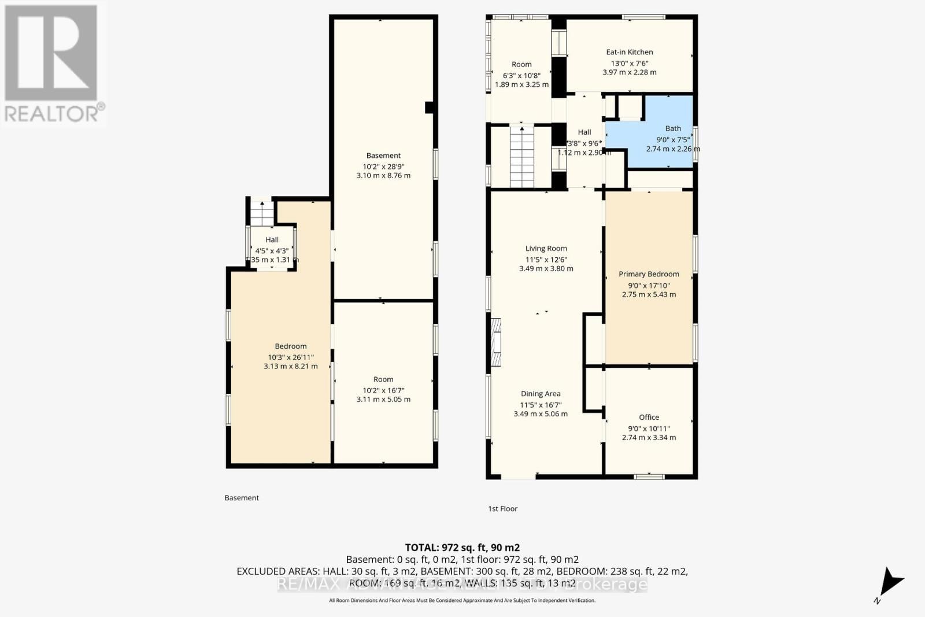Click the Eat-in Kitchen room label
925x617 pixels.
pos(629,52)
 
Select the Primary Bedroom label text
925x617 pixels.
pos(649,274)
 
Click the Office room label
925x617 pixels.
pos(649,417)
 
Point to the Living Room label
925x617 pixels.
pos(546,248)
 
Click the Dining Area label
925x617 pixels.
pos(540,394)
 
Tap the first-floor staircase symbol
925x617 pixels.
pos(521,157)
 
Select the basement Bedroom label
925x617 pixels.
pos(290,346)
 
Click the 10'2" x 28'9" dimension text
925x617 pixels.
pos(383,166)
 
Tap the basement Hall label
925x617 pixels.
pos(272,239)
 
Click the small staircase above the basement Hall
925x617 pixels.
pos(262,213)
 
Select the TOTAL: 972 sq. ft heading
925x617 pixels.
pos(462,547)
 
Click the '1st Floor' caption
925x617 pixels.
pos(502,509)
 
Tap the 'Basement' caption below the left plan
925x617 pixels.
pos(242,498)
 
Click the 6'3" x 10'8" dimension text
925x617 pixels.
pos(521,75)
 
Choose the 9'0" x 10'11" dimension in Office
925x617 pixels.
pos(649,428)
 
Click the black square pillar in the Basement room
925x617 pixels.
pos(429,108)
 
